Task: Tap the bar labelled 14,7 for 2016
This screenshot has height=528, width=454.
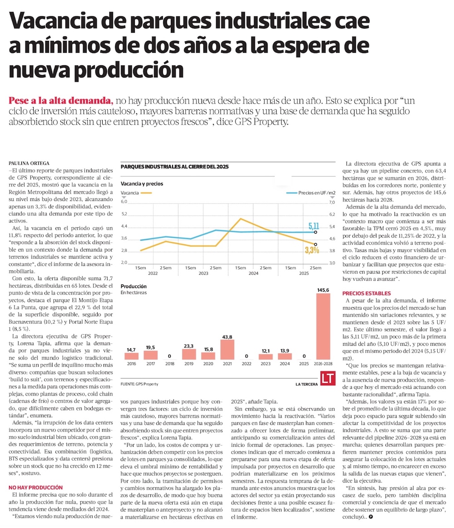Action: click(x=131, y=357)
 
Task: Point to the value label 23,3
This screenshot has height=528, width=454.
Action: click(x=189, y=346)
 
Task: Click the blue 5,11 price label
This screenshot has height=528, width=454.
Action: click(x=314, y=225)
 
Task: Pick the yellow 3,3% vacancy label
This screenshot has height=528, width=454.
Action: click(x=312, y=250)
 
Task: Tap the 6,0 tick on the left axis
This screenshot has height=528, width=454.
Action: click(x=124, y=202)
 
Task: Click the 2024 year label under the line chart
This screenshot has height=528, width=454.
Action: click(x=253, y=274)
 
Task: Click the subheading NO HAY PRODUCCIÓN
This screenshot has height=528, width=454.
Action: click(x=36, y=487)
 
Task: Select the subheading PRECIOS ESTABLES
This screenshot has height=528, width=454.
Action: click(x=366, y=293)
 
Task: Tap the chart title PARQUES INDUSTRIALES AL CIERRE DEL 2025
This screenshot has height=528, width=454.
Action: click(x=174, y=167)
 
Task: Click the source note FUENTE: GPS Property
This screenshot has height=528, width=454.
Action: click(x=139, y=384)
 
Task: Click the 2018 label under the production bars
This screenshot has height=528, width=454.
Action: click(x=170, y=363)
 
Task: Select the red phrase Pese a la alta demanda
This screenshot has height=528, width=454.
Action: click(x=61, y=101)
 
